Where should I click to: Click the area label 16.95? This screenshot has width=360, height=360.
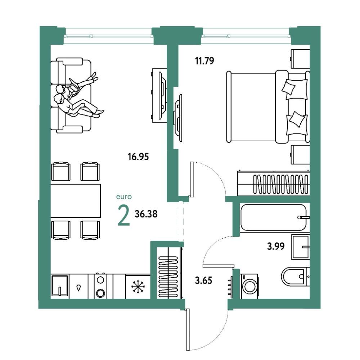click(x=138, y=157)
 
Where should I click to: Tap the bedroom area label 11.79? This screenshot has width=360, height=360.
click(x=204, y=61)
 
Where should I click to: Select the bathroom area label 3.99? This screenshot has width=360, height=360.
click(x=276, y=246)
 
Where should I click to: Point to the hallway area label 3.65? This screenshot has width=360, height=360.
click(x=203, y=280)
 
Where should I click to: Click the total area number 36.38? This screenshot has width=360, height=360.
click(x=146, y=214)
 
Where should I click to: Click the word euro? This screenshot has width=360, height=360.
click(x=124, y=197)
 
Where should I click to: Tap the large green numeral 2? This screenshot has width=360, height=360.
click(x=124, y=215)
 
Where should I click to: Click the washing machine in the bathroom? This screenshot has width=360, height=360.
click(x=249, y=286)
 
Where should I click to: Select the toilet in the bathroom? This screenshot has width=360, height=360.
click(x=296, y=276)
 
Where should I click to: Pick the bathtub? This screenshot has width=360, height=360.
click(x=274, y=217)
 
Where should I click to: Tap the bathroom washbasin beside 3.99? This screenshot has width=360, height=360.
click(x=301, y=247)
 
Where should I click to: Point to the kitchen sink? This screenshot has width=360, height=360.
click(x=60, y=286)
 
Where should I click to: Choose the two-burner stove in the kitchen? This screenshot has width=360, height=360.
click(x=100, y=286)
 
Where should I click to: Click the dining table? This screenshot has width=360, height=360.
click(x=76, y=201)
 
